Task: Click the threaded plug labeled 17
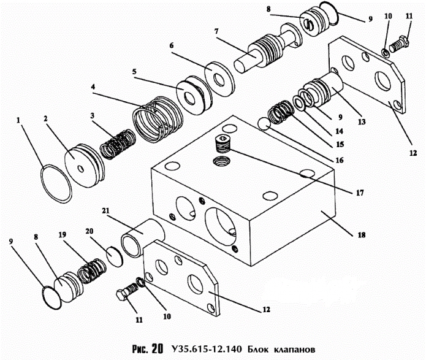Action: (x=223, y=146)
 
